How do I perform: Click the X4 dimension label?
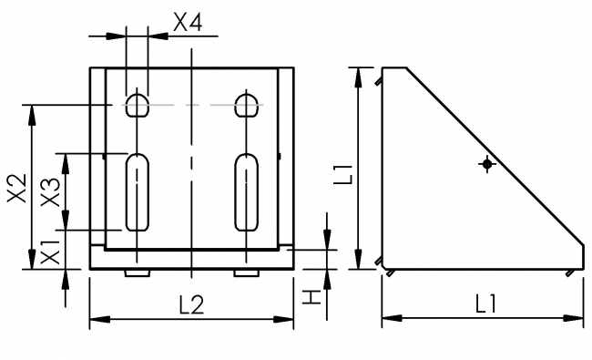point(187,24)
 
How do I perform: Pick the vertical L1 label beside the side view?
point(342,171)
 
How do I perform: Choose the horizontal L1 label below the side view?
point(485,306)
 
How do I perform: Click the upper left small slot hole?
point(137,104)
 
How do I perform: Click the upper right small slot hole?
point(245,104)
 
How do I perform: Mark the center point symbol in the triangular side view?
point(488,164)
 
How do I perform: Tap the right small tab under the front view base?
point(245,273)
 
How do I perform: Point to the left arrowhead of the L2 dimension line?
point(95,318)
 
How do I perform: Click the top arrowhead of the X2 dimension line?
point(33,110)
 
